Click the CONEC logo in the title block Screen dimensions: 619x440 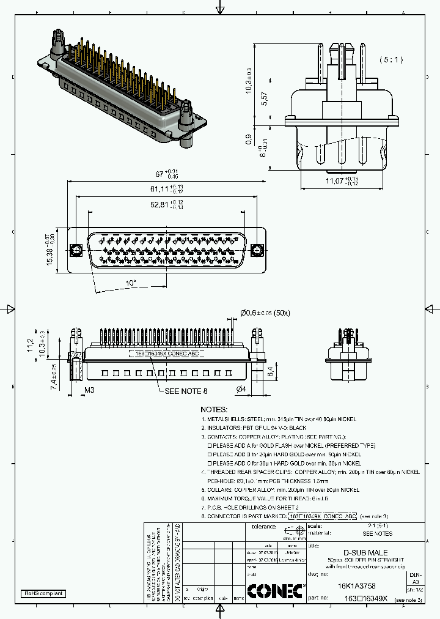click(x=274, y=590)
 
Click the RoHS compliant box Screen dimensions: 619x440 click(x=43, y=593)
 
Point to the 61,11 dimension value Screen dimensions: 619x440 click(x=163, y=188)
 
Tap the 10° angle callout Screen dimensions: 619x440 click(x=131, y=283)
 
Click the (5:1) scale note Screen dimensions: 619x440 click(x=391, y=59)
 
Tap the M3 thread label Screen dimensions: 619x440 click(x=89, y=390)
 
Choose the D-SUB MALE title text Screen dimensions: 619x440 click(x=365, y=552)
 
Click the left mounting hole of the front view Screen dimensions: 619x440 click(x=77, y=251)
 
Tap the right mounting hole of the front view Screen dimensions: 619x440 click(x=258, y=251)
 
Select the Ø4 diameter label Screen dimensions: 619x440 click(x=241, y=390)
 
